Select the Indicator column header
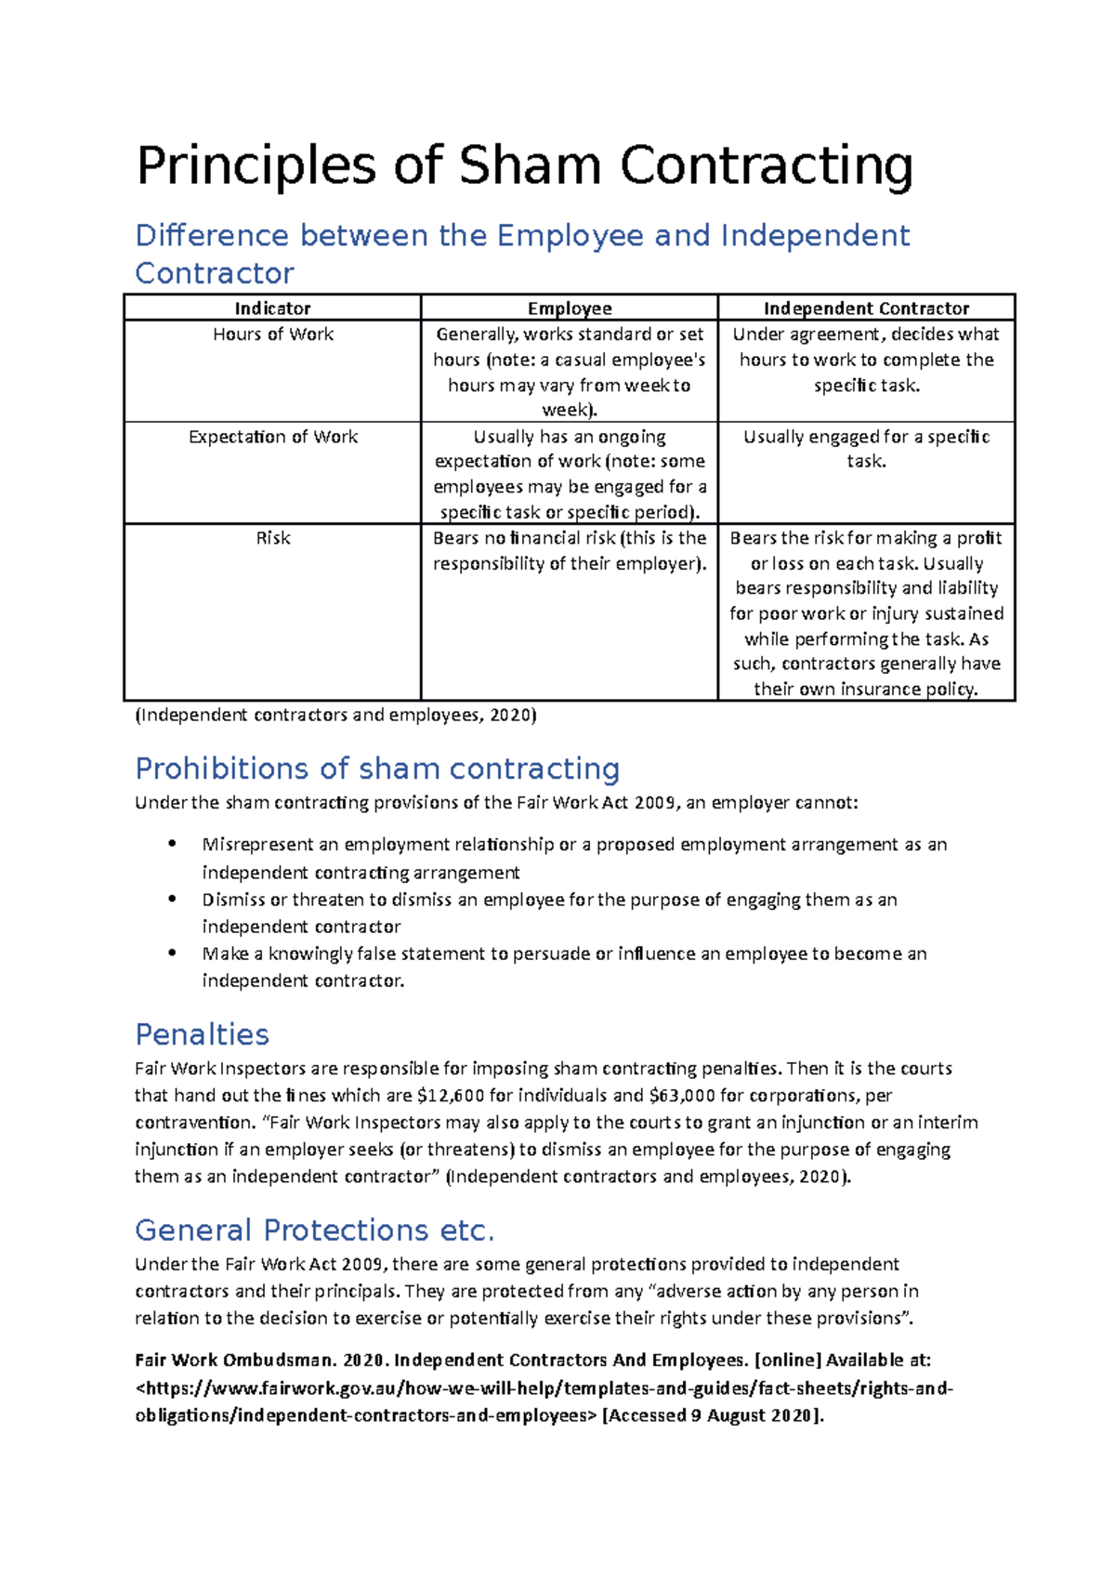click(272, 309)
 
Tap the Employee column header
click(570, 309)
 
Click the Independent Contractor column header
click(866, 309)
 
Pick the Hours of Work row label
click(272, 335)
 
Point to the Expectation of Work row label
click(272, 437)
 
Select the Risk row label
click(272, 538)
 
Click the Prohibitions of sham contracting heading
click(377, 769)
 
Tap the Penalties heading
click(202, 1034)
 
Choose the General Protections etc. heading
click(314, 1230)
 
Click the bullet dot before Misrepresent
click(172, 844)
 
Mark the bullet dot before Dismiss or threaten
click(172, 899)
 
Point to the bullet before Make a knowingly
click(172, 953)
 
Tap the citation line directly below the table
click(335, 716)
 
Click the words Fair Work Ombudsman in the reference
click(233, 1361)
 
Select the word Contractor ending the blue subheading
click(215, 274)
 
